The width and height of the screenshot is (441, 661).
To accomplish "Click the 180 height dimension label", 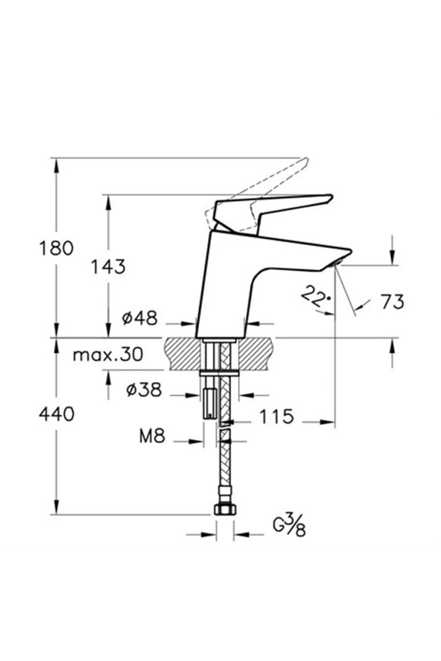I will [x=56, y=249].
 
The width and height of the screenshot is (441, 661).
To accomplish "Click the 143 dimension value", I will [x=108, y=267].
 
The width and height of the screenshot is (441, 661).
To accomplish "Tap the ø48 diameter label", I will [x=140, y=318].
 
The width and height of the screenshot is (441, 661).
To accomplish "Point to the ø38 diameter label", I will [x=144, y=390].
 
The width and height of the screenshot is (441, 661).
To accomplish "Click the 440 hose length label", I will [x=57, y=415].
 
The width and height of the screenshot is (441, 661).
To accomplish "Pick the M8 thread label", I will [x=152, y=437].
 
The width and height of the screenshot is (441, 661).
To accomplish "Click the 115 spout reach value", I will [x=277, y=416].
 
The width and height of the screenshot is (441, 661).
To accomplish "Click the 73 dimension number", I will [x=392, y=302].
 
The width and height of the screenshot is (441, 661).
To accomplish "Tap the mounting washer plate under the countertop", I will [x=219, y=373].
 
